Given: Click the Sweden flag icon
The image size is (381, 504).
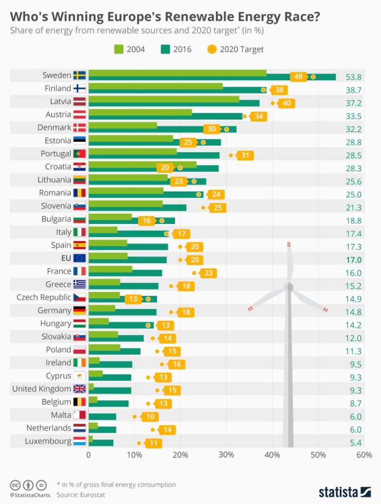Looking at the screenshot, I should click(x=79, y=75).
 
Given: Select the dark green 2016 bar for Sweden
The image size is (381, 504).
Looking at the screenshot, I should click(x=211, y=77).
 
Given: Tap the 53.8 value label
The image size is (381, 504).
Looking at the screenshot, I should click(x=353, y=77).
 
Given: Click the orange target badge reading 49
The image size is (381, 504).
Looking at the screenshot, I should click(x=298, y=77).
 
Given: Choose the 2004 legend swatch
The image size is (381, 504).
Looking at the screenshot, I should click(x=119, y=49).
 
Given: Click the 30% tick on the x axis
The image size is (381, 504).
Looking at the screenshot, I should click(x=226, y=455).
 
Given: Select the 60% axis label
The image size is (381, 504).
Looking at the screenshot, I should click(x=364, y=455).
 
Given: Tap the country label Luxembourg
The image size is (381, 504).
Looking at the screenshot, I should click(x=48, y=441).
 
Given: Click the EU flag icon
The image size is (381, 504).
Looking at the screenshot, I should click(x=79, y=258).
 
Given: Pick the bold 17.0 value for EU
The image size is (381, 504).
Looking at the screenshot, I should click(x=353, y=260).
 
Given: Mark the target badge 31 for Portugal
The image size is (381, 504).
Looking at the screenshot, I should click(x=244, y=155).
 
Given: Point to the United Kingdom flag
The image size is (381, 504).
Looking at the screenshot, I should click(x=79, y=388).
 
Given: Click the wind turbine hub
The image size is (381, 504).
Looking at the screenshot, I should click(x=289, y=287).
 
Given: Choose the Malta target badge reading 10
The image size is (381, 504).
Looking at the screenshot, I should click(x=149, y=416).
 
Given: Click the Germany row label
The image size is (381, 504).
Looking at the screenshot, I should click(x=54, y=311).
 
